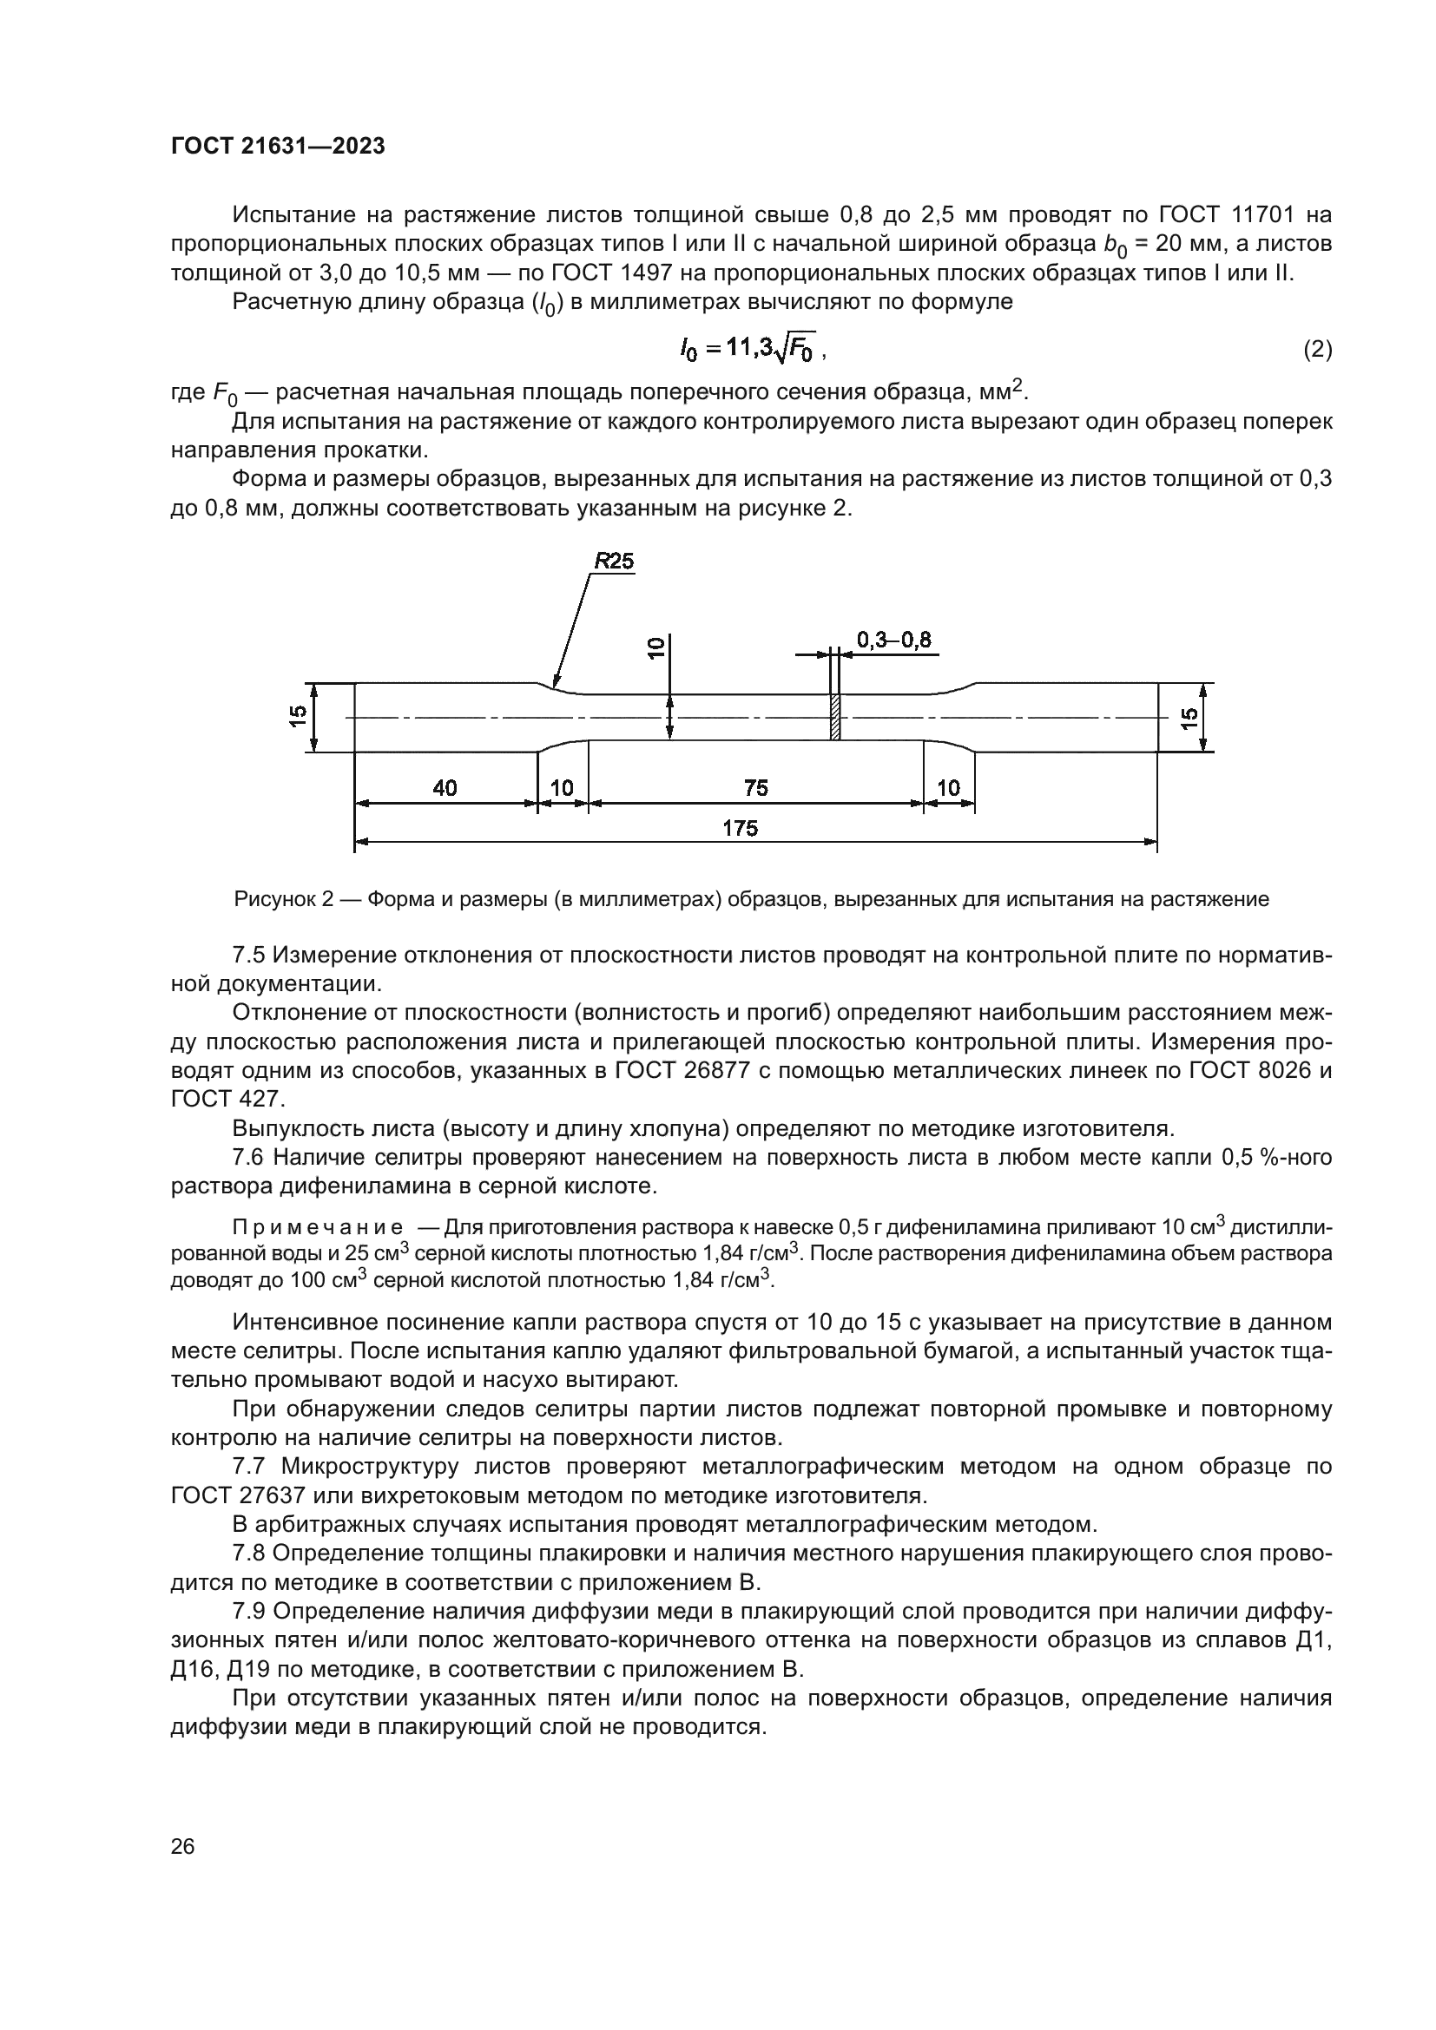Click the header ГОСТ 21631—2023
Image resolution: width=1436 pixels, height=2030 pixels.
click(278, 147)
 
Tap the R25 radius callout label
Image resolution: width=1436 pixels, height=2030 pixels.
click(614, 562)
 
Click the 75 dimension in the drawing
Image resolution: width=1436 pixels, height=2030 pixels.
click(756, 788)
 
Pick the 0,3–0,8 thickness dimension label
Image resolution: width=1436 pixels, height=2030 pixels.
click(893, 641)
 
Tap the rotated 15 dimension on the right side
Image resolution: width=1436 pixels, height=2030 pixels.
click(1190, 717)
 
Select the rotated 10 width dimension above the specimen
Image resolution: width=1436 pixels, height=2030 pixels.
click(655, 648)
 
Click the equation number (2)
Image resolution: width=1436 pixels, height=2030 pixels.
click(1317, 351)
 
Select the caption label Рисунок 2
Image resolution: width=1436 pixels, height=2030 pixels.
click(283, 900)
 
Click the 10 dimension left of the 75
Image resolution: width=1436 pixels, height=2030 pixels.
click(562, 788)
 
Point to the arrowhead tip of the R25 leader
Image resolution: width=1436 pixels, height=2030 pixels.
click(554, 687)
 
